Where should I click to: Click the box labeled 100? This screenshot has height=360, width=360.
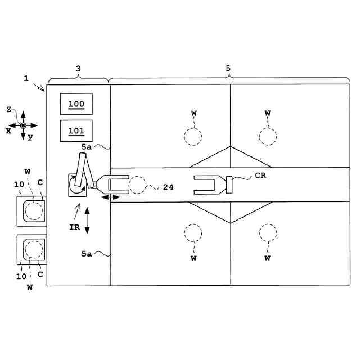click(76, 105)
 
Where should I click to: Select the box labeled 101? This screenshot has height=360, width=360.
click(76, 132)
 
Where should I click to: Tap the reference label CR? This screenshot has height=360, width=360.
click(260, 175)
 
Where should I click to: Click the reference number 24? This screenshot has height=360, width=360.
click(168, 187)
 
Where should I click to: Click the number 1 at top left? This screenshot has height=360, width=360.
click(26, 78)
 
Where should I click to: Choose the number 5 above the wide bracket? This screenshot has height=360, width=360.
click(228, 68)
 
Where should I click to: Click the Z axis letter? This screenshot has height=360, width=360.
click(10, 110)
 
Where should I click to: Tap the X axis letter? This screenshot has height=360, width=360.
click(8, 130)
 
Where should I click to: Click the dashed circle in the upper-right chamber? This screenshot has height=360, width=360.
click(267, 136)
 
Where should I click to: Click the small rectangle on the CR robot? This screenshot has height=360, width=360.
click(229, 184)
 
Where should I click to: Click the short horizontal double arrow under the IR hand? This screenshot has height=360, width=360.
click(110, 197)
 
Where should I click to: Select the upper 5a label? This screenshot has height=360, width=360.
click(87, 147)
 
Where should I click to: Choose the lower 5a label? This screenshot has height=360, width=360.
click(87, 254)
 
